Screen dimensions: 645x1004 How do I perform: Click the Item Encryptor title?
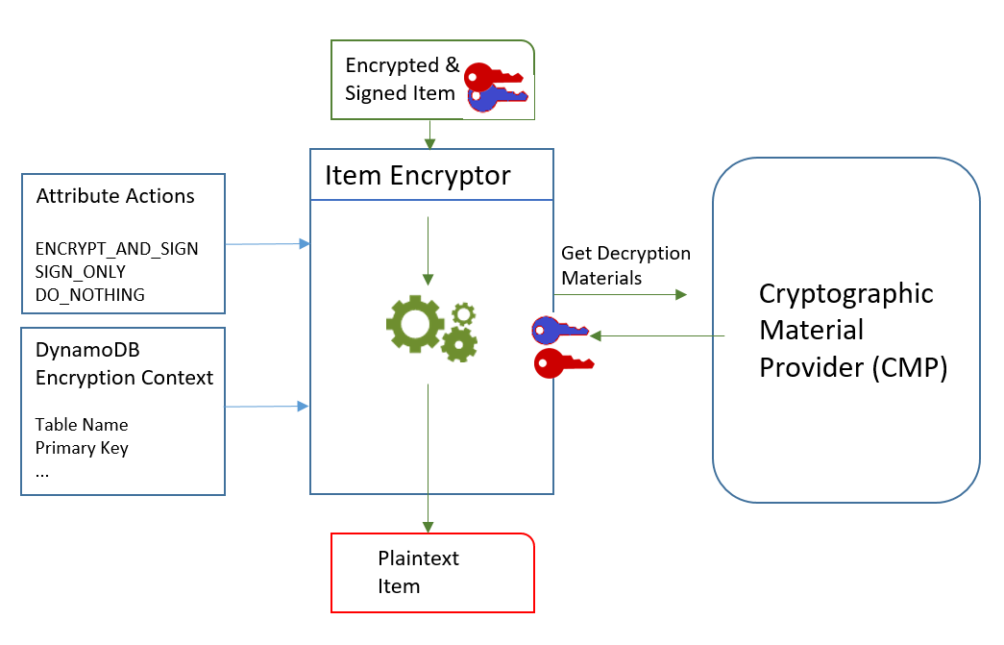coord(418,176)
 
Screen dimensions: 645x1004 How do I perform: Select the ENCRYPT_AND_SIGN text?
coord(116,249)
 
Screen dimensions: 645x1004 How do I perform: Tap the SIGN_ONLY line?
coord(81,272)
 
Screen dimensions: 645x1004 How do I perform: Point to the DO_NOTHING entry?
coord(89,295)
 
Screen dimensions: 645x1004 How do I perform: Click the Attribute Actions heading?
coord(115,196)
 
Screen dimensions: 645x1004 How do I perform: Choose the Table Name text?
coord(82,424)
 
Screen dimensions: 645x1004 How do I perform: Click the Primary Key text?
coord(82,447)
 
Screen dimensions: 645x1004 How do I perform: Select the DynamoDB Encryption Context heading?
coord(124,365)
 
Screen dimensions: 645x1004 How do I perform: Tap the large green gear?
coord(415,326)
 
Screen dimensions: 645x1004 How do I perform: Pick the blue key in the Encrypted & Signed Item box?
coord(496,97)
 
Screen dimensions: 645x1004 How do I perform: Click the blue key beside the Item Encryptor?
coord(559,331)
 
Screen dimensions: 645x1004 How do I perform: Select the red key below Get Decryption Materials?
coord(562,363)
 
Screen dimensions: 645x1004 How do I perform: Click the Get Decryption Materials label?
coord(625,265)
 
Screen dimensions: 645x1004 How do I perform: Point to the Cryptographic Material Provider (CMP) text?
coord(845,331)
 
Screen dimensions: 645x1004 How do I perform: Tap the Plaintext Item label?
coord(418,572)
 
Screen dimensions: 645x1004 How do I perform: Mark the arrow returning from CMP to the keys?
coord(658,335)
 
